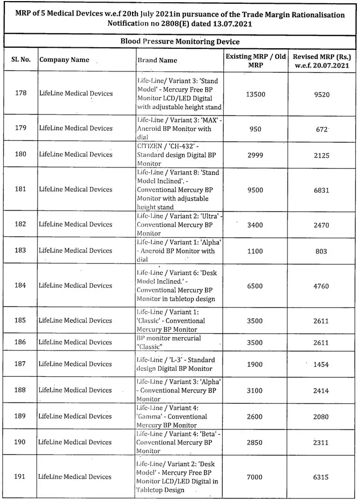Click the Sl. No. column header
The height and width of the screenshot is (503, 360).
click(20, 60)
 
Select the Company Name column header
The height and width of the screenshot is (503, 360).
click(64, 60)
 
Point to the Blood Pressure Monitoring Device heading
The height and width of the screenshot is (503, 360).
click(180, 41)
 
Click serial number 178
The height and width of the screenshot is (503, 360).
click(21, 93)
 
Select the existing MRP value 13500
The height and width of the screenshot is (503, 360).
click(255, 94)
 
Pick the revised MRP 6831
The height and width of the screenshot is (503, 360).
click(322, 189)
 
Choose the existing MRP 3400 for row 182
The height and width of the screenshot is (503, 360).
click(255, 224)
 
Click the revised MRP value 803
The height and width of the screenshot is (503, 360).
click(322, 251)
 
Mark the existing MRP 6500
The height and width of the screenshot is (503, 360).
click(255, 286)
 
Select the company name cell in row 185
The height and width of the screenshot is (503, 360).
click(76, 320)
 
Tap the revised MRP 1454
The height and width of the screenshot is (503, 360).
click(322, 364)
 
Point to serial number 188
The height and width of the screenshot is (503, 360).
click(21, 390)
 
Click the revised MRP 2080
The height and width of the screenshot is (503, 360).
click(322, 417)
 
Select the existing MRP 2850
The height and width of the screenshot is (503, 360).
click(255, 442)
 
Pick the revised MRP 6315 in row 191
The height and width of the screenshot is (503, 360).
click(322, 477)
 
